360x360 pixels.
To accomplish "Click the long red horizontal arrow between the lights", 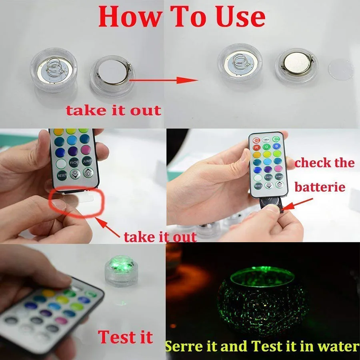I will pos(164,80).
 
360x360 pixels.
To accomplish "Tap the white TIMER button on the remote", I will pos(266,139).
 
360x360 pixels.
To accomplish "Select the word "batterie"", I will pos(320,187).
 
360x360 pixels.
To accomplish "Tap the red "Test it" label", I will pos(126,337).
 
